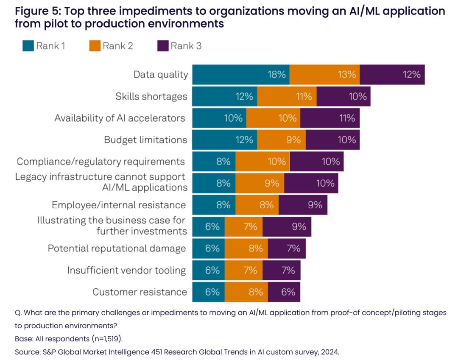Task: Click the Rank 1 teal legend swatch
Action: point(28,46)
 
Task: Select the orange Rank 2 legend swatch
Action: point(95,46)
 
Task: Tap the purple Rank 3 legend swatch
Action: point(163,46)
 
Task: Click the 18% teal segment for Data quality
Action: point(241,75)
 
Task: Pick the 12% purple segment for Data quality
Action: point(392,75)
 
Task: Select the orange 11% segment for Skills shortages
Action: point(287,96)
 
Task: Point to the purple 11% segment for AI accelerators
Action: point(330,118)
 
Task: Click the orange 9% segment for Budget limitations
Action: point(281,140)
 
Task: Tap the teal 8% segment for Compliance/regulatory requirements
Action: point(214,162)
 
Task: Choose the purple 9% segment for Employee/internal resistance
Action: point(303,205)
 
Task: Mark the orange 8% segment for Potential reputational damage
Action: point(246,248)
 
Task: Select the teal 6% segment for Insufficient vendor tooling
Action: point(209,270)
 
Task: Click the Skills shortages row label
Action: point(151,97)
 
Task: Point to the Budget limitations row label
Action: point(145,140)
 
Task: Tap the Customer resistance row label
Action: point(140,292)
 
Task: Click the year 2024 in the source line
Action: point(330,352)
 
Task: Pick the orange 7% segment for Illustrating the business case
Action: point(243,227)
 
